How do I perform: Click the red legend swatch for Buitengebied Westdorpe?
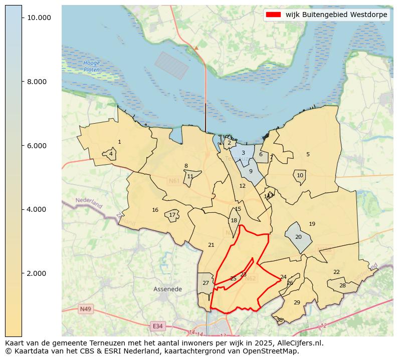(274, 15)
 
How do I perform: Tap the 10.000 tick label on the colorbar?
(39, 18)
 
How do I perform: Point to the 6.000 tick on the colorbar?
(39, 146)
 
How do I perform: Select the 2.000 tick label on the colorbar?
(39, 273)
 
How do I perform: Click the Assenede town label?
(167, 289)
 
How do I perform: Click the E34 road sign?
(157, 326)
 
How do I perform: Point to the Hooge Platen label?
(92, 66)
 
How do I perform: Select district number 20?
(298, 237)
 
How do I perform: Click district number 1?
(119, 142)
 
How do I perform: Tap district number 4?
(111, 154)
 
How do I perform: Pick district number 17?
(172, 215)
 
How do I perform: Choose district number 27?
(206, 283)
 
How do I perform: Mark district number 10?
(300, 176)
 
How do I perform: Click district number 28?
(342, 286)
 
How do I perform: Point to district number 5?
(308, 155)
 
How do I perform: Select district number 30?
(279, 320)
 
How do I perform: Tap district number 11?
(190, 177)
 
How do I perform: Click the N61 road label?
(174, 181)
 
